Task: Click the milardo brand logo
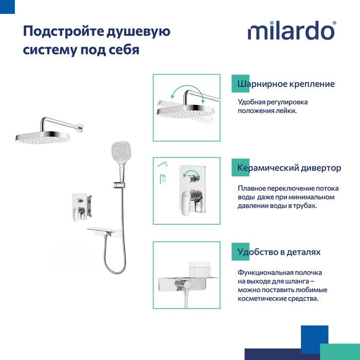coord(291,30)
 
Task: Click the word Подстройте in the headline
coord(63,31)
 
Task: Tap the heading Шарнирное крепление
coord(286,84)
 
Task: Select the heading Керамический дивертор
coord(289,168)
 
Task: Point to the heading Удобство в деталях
coord(279,252)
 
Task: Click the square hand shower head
coord(121,150)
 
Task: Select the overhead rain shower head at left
coord(43,137)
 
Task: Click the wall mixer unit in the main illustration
coord(82,207)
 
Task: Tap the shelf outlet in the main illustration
coord(104,231)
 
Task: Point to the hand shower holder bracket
coord(119,184)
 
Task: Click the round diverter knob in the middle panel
coord(192,178)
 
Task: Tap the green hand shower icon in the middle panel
coord(163,164)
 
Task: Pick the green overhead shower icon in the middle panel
coord(163,179)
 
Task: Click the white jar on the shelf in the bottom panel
coord(200,269)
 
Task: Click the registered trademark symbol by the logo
coord(334,23)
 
